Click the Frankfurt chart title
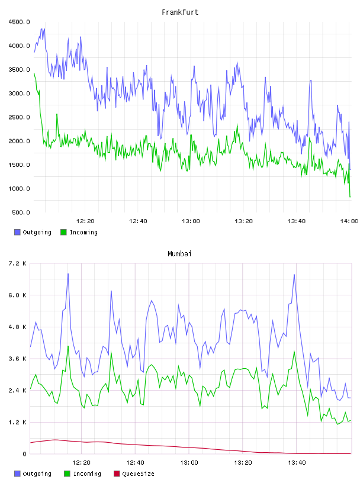pos(180,12)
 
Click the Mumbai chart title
pos(179,254)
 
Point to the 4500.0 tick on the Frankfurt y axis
pos(19,22)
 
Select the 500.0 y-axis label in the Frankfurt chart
pos(21,212)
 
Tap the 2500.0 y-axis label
pos(19,117)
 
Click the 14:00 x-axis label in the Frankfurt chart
pos(349,221)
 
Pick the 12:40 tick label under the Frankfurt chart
pos(138,221)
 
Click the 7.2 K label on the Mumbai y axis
pos(17,263)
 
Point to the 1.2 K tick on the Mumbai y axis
pos(17,422)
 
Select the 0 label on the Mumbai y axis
pos(25,454)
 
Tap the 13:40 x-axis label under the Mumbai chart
pos(297,463)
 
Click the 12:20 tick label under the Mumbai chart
pos(81,463)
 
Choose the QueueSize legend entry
pos(134,474)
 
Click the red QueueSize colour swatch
pos(117,474)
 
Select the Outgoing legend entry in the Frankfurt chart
pos(33,232)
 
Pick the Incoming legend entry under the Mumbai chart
pos(83,474)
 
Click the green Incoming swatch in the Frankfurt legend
pos(63,232)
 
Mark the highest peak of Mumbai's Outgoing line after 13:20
pos(294,275)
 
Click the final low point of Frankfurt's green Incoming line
pos(350,197)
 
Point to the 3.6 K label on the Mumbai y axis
pos(17,359)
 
